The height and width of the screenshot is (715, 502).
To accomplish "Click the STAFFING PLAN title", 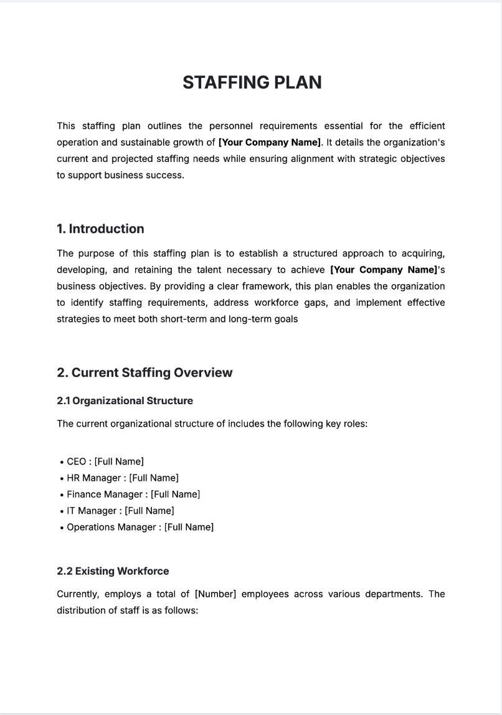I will [252, 82].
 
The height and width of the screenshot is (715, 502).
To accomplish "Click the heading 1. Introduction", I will [100, 229].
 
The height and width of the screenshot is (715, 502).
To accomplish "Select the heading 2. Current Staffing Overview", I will [144, 372].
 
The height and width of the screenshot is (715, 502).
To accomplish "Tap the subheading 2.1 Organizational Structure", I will [125, 400].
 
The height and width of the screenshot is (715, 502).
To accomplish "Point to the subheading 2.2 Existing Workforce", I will [113, 571].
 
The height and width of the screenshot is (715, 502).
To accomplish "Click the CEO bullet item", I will [105, 462].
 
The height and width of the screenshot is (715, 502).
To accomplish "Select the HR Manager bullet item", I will [122, 478].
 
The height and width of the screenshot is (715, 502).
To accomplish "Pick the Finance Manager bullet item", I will [133, 494].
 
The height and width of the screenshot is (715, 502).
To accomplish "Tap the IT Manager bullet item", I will [120, 511].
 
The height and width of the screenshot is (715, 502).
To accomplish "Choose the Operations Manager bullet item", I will [140, 527].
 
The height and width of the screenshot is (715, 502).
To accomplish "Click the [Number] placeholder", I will [215, 594].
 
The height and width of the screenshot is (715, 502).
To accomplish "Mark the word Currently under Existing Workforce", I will [78, 594].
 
